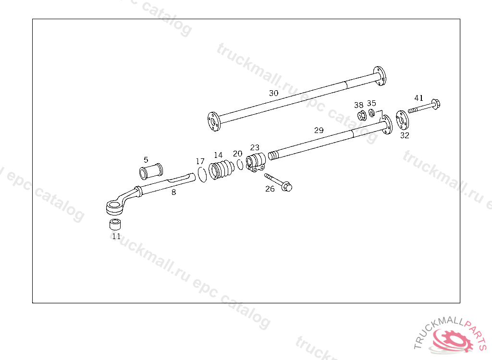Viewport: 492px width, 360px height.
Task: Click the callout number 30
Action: [273, 93]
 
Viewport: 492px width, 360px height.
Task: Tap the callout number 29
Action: [319, 130]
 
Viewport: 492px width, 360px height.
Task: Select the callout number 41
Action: [419, 98]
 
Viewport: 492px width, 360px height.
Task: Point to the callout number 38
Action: [359, 105]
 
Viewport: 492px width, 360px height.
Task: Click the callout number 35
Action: [371, 103]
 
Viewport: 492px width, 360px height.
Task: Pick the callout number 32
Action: [405, 135]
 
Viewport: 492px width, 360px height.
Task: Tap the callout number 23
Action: [255, 147]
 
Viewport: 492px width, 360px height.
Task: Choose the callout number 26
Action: [270, 189]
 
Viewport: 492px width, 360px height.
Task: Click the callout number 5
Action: [146, 159]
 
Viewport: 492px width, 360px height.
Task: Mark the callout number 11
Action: [116, 236]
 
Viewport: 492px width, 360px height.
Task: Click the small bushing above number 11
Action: [115, 224]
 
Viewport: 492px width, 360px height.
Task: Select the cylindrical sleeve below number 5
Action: [151, 171]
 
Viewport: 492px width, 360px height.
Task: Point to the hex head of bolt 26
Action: [287, 186]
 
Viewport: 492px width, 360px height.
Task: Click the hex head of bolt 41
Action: [435, 104]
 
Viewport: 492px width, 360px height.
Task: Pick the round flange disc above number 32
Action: [401, 120]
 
